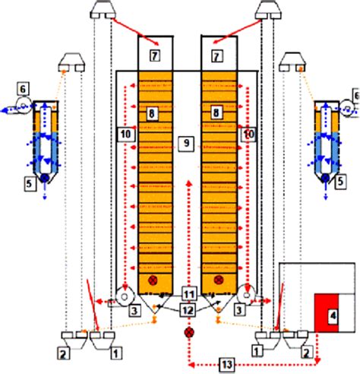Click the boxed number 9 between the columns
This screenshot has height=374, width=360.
pyautogui.click(x=186, y=144)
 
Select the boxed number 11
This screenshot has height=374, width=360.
pyautogui.click(x=189, y=295)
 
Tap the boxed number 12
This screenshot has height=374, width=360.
pyautogui.click(x=188, y=310)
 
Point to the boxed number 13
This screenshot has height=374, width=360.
pyautogui.click(x=227, y=365)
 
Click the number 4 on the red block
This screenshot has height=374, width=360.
pyautogui.click(x=333, y=315)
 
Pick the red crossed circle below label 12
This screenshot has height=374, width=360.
pyautogui.click(x=188, y=332)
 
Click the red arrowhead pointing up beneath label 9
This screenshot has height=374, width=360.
pyautogui.click(x=188, y=183)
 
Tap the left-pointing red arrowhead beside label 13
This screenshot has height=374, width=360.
pyautogui.click(x=192, y=365)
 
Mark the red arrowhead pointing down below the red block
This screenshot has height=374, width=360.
pyautogui.click(x=318, y=360)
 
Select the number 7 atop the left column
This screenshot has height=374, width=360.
pyautogui.click(x=155, y=55)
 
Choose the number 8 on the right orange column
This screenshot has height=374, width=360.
pyautogui.click(x=216, y=113)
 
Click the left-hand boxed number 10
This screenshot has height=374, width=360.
pyautogui.click(x=126, y=135)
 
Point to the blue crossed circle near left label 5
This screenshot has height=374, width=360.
pyautogui.click(x=45, y=178)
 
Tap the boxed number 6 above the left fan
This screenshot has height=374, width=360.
pyautogui.click(x=23, y=89)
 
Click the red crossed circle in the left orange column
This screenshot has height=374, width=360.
pyautogui.click(x=153, y=280)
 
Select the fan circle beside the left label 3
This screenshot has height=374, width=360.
pyautogui.click(x=125, y=297)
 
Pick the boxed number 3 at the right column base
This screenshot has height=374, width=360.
pyautogui.click(x=239, y=310)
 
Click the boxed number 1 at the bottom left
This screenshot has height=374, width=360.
pyautogui.click(x=115, y=353)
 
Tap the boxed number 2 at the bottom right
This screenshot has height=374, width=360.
pyautogui.click(x=306, y=353)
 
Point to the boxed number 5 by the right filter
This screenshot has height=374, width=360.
pyautogui.click(x=341, y=182)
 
